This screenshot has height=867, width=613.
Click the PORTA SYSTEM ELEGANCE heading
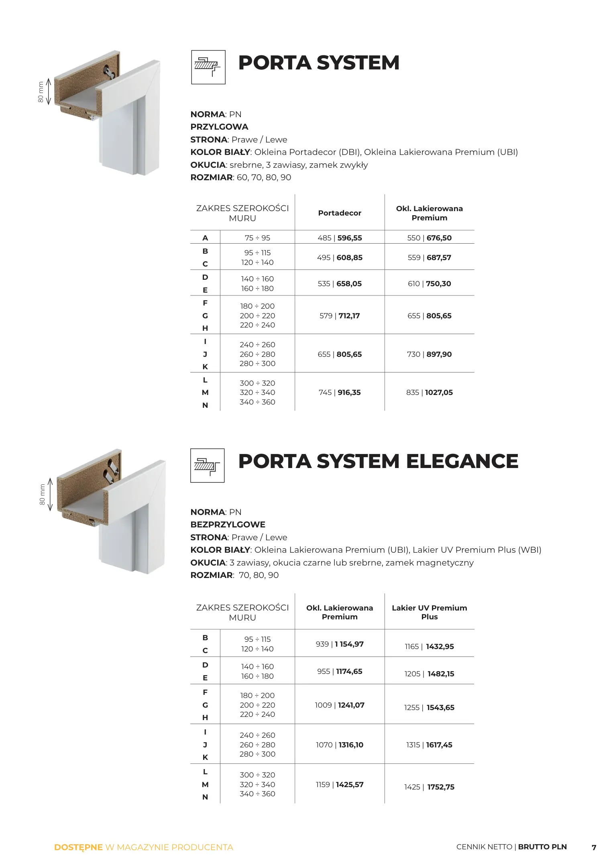pos(378,461)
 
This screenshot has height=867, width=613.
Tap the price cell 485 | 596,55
pos(340,238)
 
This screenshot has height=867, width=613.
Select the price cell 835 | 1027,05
pos(429,392)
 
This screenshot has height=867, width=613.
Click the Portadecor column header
pos(340,213)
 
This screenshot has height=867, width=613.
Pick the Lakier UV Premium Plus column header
pos(429,612)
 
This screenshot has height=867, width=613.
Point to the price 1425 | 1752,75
pos(429,787)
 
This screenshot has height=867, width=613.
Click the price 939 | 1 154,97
pos(340,644)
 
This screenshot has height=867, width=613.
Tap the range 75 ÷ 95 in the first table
pos(257,238)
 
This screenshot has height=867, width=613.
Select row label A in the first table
pos(205,238)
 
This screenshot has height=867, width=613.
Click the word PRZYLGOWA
pos(219,127)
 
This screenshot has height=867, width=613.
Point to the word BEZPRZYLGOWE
pos(228,524)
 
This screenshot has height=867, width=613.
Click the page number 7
pos(594,847)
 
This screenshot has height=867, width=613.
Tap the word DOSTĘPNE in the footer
pos(78,847)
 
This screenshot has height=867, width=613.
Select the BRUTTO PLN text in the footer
pos(542,847)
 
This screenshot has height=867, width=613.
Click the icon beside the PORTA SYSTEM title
pos(208,67)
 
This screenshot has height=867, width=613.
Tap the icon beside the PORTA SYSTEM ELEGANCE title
pos(207,465)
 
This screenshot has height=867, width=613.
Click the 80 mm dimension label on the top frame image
pos(41,92)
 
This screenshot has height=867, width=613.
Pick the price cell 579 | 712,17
pos(340,315)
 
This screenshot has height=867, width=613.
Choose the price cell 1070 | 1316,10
pos(340,745)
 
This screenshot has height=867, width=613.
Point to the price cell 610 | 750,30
pos(429,283)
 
